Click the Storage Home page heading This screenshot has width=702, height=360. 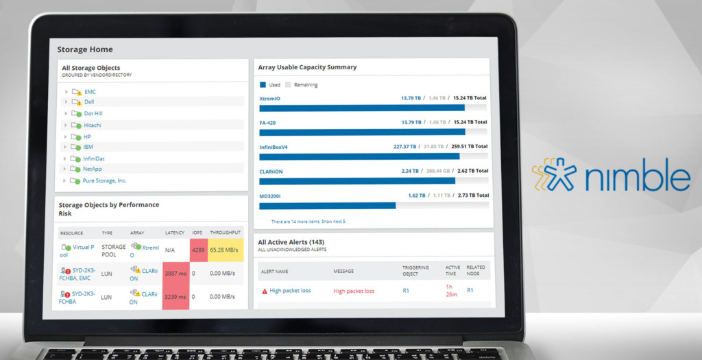(x=85, y=49)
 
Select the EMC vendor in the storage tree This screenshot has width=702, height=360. (x=90, y=91)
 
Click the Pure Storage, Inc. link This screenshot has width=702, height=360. (x=104, y=180)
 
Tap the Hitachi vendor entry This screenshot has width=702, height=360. (x=93, y=125)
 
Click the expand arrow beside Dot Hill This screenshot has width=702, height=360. (x=66, y=114)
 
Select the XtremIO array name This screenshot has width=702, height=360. (x=269, y=98)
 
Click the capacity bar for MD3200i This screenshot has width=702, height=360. (x=328, y=205)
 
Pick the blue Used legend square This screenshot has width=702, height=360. (x=262, y=85)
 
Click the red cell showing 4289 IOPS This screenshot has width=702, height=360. (x=198, y=250)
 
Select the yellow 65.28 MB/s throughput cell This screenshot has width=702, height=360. (x=226, y=250)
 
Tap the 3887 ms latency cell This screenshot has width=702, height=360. (x=175, y=273)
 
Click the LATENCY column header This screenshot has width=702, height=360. (x=175, y=233)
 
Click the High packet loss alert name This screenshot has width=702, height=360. (x=290, y=291)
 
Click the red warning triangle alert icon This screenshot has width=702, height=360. (x=265, y=291)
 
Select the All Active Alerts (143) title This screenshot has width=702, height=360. (x=291, y=242)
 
